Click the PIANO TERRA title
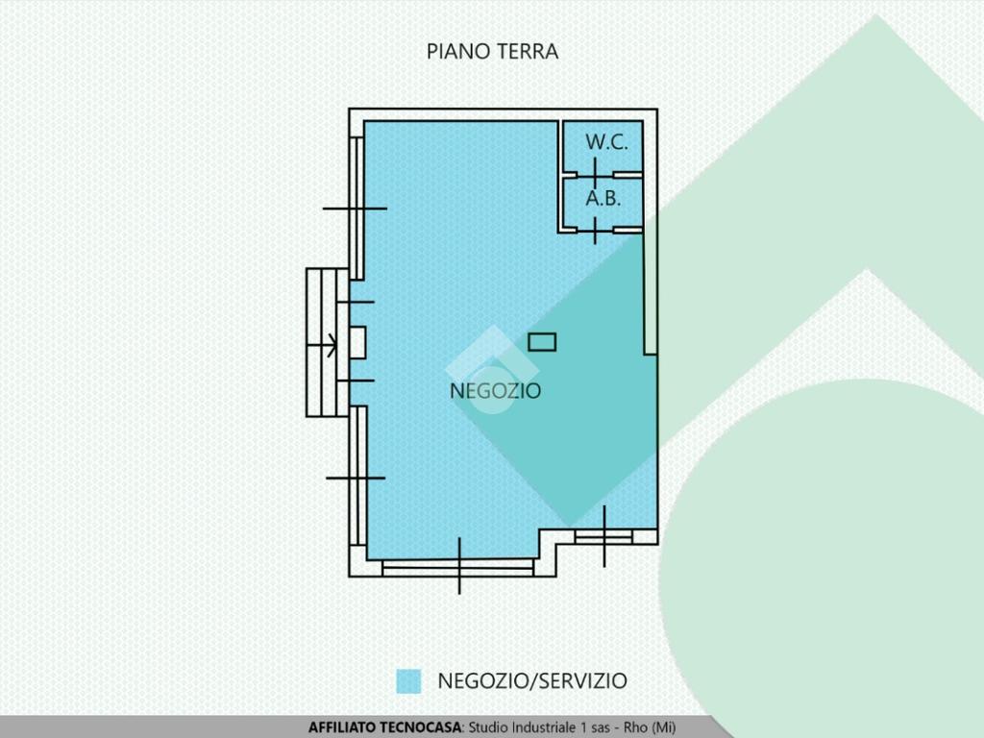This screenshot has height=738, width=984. pyautogui.click(x=492, y=52)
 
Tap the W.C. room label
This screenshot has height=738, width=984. pyautogui.click(x=606, y=142)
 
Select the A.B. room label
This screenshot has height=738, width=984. pyautogui.click(x=603, y=198)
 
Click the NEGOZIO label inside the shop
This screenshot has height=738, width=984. pyautogui.click(x=495, y=390)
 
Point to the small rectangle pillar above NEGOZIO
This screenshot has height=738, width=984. pyautogui.click(x=542, y=342)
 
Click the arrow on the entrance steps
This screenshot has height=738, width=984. pyautogui.click(x=321, y=345)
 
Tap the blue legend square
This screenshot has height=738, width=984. pyautogui.click(x=408, y=681)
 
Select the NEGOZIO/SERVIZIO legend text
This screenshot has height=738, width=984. pyautogui.click(x=532, y=681)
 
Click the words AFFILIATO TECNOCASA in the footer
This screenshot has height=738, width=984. pyautogui.click(x=384, y=727)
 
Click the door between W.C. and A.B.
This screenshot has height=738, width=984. pyautogui.click(x=595, y=173)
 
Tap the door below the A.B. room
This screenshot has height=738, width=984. pyautogui.click(x=595, y=231)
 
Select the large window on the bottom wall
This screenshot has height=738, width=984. pyautogui.click(x=458, y=567)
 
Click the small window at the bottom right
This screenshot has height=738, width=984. pyautogui.click(x=603, y=536)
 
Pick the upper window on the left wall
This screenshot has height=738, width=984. pyautogui.click(x=357, y=209)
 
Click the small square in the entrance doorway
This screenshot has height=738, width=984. pyautogui.click(x=357, y=343)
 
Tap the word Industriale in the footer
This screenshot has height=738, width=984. pyautogui.click(x=544, y=727)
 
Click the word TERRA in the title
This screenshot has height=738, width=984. pyautogui.click(x=528, y=52)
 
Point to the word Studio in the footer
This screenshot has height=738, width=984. pyautogui.click(x=489, y=727)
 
